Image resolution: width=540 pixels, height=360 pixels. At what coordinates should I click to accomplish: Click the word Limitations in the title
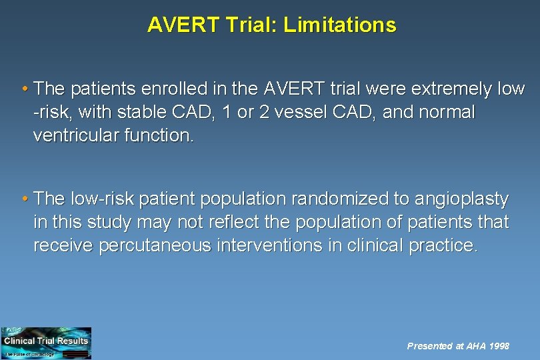point(339,25)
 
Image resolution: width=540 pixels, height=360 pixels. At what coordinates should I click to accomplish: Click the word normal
point(447,113)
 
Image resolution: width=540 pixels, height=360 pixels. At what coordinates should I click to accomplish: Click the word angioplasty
point(461,199)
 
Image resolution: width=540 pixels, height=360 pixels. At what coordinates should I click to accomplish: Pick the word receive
point(63,245)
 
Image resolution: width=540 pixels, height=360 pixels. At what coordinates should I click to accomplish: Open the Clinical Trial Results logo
point(46,343)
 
